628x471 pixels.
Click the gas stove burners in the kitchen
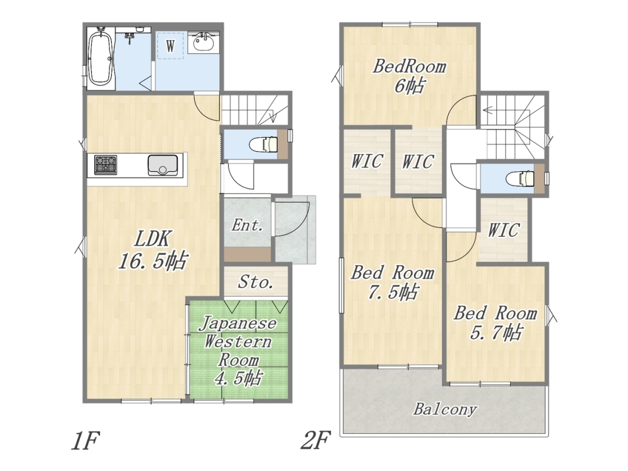tap(105, 165)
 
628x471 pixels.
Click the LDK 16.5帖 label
tap(152, 251)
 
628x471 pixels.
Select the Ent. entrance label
tap(247, 225)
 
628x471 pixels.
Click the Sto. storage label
tap(256, 283)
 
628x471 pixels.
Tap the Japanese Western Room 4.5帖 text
tap(238, 351)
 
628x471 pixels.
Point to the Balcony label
tap(444, 409)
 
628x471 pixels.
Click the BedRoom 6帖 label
tap(409, 76)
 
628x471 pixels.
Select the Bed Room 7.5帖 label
tap(392, 283)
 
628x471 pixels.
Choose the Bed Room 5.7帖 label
tap(495, 323)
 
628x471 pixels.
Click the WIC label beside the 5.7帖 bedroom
tap(504, 230)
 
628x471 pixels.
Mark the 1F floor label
tap(85, 441)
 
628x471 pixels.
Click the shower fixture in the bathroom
tap(129, 38)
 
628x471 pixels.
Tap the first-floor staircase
tap(255, 110)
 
